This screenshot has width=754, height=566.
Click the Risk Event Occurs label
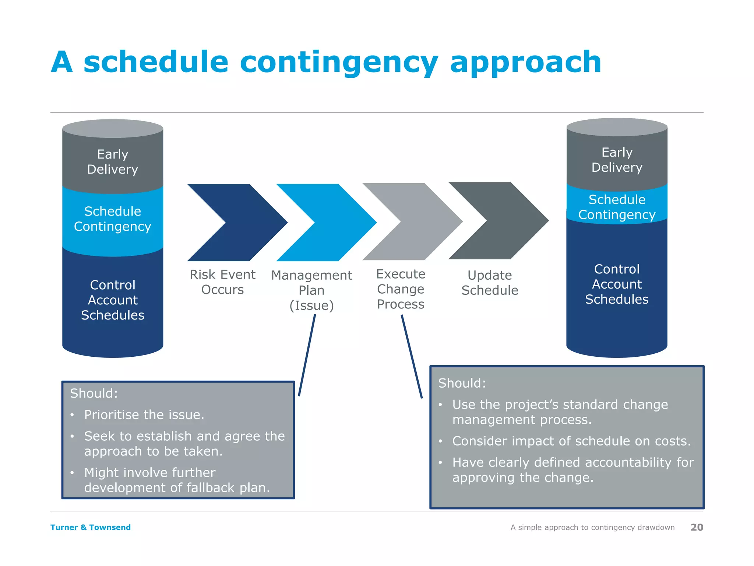[x=222, y=282]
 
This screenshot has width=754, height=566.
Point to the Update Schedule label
[x=490, y=283]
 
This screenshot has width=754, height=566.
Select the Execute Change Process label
[x=401, y=289]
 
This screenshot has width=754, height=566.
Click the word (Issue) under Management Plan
[x=311, y=305]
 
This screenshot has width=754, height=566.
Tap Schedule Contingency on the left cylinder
[x=113, y=219]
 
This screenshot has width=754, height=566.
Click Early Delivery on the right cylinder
[x=617, y=160]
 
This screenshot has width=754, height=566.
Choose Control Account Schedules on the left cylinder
[x=113, y=300]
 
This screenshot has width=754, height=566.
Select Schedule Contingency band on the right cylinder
[x=617, y=207]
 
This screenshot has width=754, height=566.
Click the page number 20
[x=697, y=527]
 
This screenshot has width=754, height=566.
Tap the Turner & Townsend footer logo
[x=91, y=527]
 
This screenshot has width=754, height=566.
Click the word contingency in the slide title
[x=339, y=63]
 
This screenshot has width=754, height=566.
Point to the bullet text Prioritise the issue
[x=144, y=415]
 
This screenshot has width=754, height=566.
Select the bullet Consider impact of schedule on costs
[x=571, y=441]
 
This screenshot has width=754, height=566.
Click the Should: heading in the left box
[x=94, y=394]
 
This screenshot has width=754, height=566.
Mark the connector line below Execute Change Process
[x=412, y=357]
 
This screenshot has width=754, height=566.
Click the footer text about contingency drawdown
[x=592, y=527]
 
